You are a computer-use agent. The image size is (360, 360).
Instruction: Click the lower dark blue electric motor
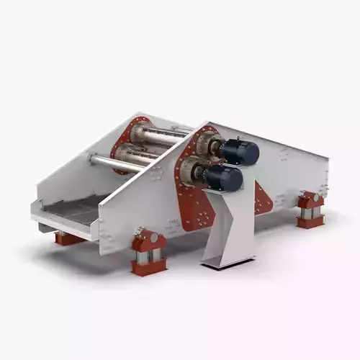pyautogui.click(x=225, y=179)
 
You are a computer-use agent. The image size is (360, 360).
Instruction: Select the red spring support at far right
pyautogui.click(x=310, y=210)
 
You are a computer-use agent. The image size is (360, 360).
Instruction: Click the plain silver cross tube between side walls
pyautogui.click(x=115, y=163)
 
